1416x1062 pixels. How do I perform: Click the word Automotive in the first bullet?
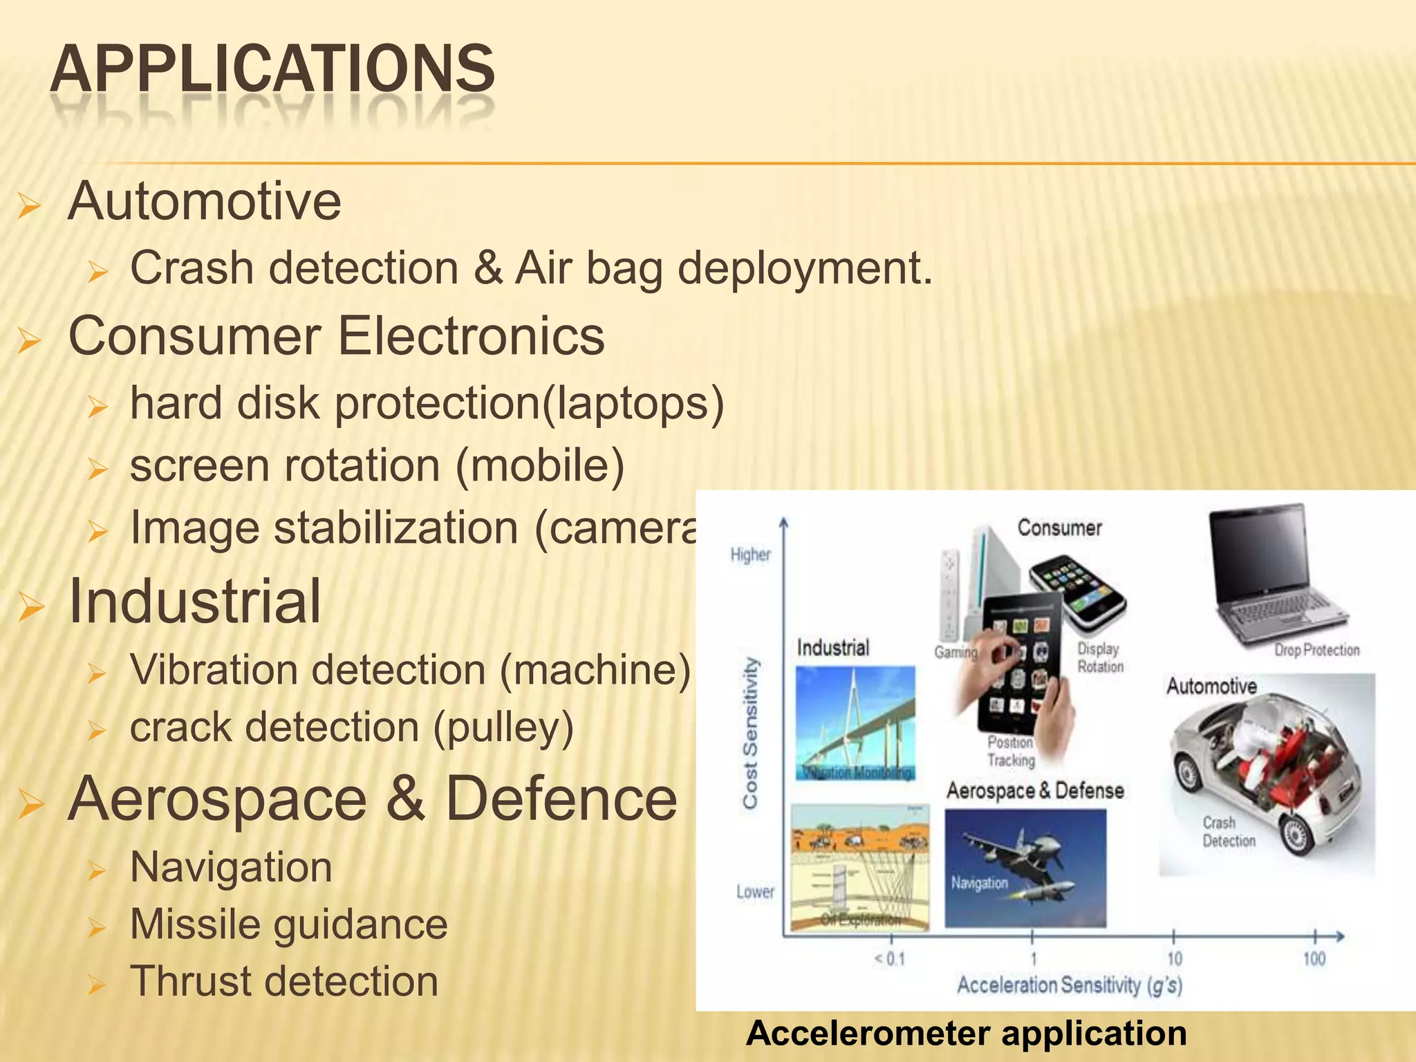(205, 201)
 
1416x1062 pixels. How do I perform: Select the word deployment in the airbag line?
(805, 268)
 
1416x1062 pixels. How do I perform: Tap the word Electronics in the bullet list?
(471, 336)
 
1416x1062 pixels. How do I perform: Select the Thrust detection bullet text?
(284, 981)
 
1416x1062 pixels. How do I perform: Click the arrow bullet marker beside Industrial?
(31, 606)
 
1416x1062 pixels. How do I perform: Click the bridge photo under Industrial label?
(855, 723)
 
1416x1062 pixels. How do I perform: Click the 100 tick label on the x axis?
(1314, 959)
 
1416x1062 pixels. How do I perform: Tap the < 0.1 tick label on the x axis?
(889, 959)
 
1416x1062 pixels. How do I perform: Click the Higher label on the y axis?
(750, 555)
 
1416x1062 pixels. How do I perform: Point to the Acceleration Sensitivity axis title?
(1069, 985)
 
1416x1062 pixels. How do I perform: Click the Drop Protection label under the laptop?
(1316, 650)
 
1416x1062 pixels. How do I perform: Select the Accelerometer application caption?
(966, 1033)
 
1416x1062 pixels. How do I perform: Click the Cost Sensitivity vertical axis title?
(750, 733)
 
